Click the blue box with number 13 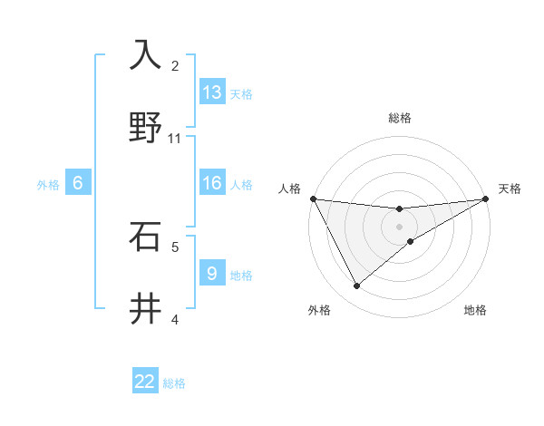[x=212, y=92]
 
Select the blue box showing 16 [x=212, y=183]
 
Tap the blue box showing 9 [x=212, y=273]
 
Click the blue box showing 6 [x=78, y=183]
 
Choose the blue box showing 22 [x=145, y=382]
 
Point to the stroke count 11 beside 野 [x=175, y=138]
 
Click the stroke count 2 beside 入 [x=175, y=65]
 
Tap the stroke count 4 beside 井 [x=175, y=319]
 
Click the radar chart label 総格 [x=400, y=118]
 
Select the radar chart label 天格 [x=510, y=189]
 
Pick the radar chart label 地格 [x=475, y=310]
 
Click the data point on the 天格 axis [x=486, y=198]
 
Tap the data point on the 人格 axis [x=313, y=198]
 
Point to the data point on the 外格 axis [x=356, y=286]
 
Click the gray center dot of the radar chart [x=400, y=227]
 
